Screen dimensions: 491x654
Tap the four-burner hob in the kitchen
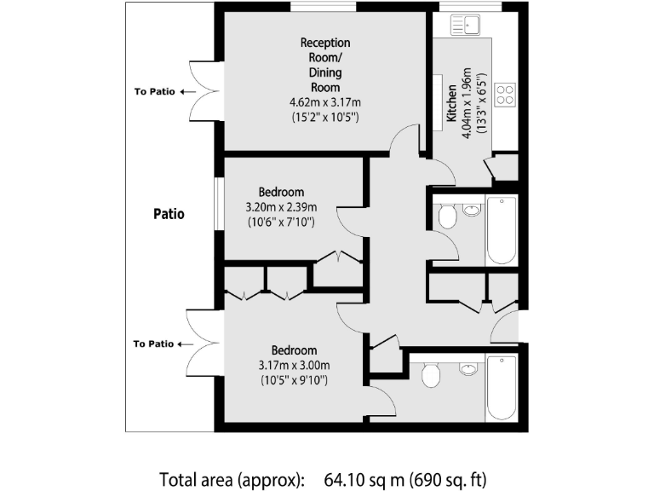(x=504, y=93)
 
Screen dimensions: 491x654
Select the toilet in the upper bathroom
(x=447, y=217)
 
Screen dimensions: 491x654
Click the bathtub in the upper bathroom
(x=501, y=230)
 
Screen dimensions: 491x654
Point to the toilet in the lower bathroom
(x=430, y=375)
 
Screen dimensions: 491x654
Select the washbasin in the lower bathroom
(x=468, y=368)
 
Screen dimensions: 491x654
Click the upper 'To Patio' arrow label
(x=164, y=92)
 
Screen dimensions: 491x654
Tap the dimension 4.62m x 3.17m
(x=324, y=102)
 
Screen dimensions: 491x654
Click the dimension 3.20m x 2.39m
(x=281, y=207)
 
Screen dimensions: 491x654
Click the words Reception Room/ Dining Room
(x=324, y=65)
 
